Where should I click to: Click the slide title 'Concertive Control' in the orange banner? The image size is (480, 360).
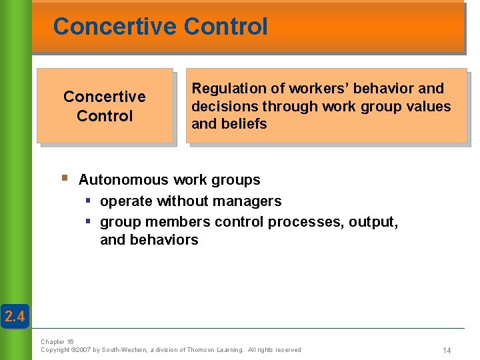coord(160,27)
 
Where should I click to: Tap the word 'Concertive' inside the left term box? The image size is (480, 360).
coord(104,97)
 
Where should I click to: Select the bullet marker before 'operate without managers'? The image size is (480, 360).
coord(87,201)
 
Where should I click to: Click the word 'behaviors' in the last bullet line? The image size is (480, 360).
coord(149,240)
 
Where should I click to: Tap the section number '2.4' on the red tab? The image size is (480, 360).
coord(14,317)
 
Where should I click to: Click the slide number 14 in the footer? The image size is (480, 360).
coord(447,350)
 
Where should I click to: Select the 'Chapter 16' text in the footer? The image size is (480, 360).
coord(57,341)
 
